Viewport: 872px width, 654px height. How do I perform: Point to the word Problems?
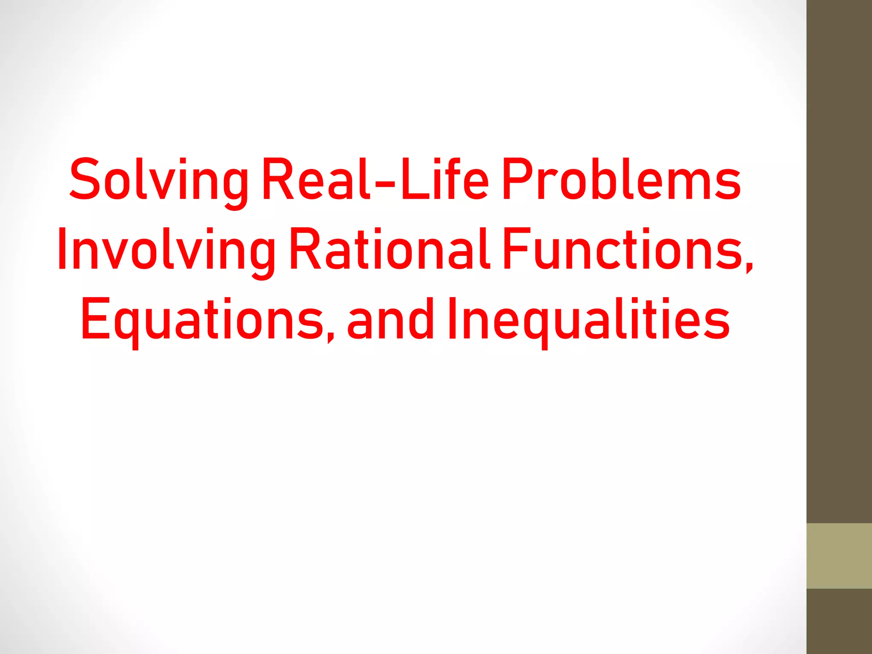[x=622, y=179]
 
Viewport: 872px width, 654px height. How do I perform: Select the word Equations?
[x=203, y=320]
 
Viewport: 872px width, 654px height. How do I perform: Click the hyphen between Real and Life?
[x=385, y=185]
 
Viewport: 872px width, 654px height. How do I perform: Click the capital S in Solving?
[x=85, y=179]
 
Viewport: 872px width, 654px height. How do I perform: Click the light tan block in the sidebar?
[x=839, y=556]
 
